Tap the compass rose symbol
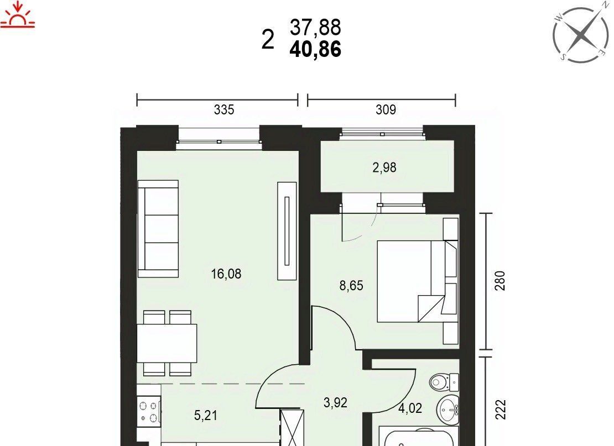pos(581,34)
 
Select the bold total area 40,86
pos(315,50)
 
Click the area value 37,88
pos(315,28)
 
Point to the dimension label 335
pos(224,109)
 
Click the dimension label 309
pos(386,109)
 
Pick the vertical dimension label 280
pos(501,281)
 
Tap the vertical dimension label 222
pos(501,410)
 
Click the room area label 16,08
pos(226,274)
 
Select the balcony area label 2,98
pos(384,167)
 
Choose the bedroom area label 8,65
pos(351,286)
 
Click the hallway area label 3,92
pos(336,402)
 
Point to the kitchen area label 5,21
pos(206,415)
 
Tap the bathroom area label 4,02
pos(410,408)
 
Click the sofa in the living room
pos(158,229)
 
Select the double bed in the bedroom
pos(418,281)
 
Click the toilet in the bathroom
pos(444,381)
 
